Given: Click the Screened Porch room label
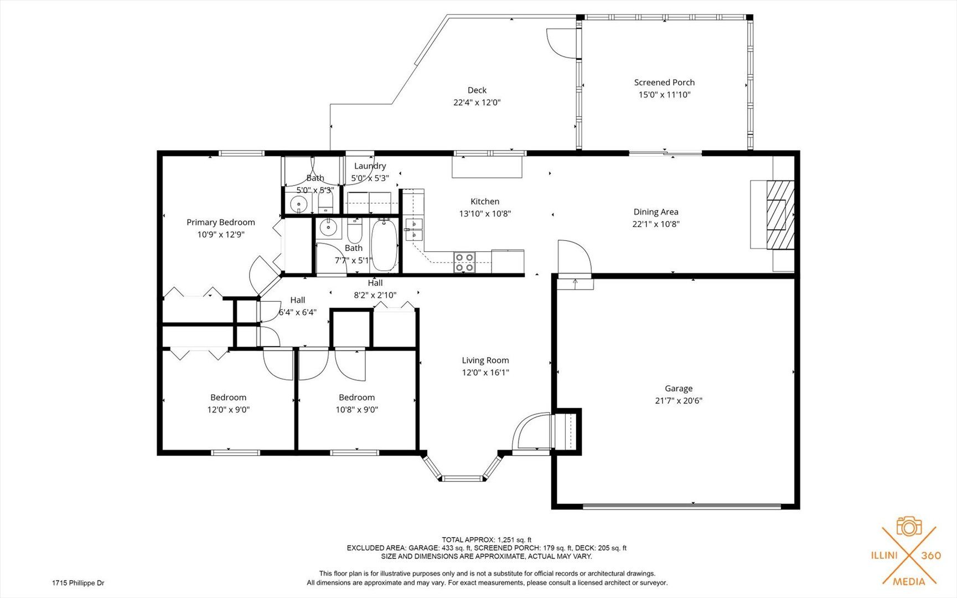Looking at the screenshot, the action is (664, 83).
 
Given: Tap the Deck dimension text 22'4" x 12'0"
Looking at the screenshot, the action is (477, 102).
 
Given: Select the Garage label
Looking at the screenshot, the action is (679, 389).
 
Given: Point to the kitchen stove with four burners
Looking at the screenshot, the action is (464, 262).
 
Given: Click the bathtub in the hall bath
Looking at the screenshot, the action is (384, 245).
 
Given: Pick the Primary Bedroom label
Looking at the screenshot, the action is (221, 223).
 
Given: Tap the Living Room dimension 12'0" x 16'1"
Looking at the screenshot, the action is (485, 373).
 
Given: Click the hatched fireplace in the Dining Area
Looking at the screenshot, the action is (780, 214).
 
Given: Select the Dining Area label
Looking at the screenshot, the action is (656, 212).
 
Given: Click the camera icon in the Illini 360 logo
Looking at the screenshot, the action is (909, 526).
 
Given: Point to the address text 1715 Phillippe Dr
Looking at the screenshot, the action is (78, 583).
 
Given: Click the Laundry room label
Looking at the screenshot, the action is (370, 166).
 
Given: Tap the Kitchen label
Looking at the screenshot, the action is (485, 202).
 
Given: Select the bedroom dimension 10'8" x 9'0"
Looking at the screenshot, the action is (357, 410).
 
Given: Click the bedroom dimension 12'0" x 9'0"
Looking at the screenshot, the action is (229, 410).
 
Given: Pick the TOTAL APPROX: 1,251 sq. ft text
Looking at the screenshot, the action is (487, 540).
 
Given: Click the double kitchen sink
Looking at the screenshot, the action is (414, 229).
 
